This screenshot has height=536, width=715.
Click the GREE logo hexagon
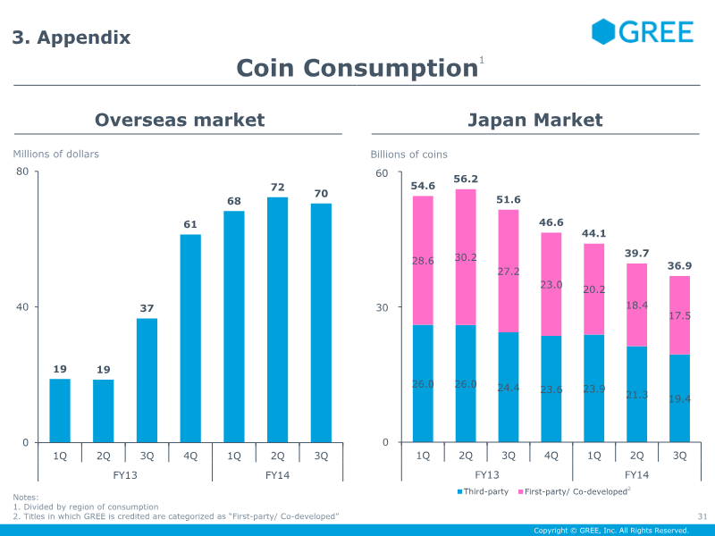(603, 31)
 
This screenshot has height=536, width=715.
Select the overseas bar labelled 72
(277, 320)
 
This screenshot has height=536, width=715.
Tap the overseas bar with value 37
(147, 381)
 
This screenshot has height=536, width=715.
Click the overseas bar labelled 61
(190, 339)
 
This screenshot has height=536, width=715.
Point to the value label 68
(234, 201)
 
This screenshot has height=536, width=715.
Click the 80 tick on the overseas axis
(22, 172)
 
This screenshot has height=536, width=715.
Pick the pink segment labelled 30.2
(466, 257)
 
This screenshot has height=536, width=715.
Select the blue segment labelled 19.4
(679, 398)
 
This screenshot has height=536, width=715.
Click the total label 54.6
(423, 186)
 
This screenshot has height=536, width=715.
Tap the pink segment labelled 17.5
(679, 315)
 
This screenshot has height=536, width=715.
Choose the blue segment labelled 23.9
(593, 389)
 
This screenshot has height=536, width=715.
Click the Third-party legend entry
(483, 491)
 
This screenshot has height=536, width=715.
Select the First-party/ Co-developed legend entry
(575, 491)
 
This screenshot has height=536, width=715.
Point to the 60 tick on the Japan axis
(382, 173)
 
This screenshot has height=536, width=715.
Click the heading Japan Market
(535, 120)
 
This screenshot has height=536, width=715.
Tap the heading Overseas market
(180, 120)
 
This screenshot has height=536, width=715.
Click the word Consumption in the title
(391, 69)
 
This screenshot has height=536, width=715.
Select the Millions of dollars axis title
(55, 154)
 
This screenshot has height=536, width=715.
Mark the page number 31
(702, 516)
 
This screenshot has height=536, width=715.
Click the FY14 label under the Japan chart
(636, 475)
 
